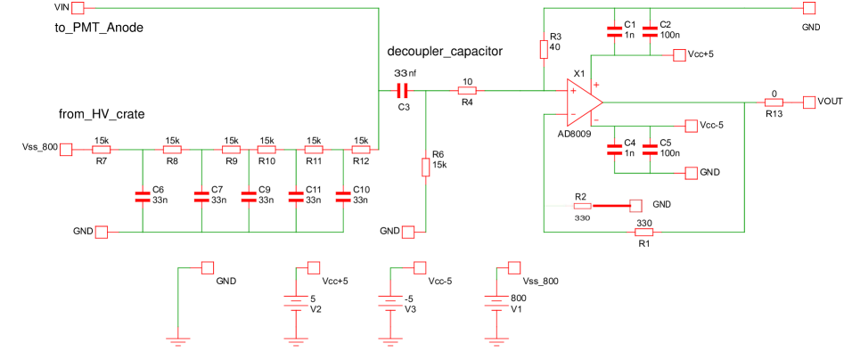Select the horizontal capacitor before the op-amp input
(x=402, y=91)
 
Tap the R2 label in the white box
(x=581, y=197)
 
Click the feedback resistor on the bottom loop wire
(x=643, y=232)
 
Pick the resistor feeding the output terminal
(x=773, y=102)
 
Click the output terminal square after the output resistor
(x=808, y=102)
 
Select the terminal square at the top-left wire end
(x=78, y=8)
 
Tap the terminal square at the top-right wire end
(x=808, y=8)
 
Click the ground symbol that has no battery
(x=178, y=340)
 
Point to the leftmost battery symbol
(x=296, y=303)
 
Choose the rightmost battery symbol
(x=496, y=303)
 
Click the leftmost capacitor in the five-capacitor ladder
(x=143, y=197)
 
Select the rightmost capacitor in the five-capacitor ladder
(x=343, y=197)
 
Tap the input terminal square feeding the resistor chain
(x=66, y=150)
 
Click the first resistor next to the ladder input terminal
(x=102, y=150)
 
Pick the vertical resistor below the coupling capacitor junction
(x=426, y=168)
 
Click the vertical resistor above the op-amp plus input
(x=544, y=50)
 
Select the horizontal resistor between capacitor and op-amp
(x=467, y=91)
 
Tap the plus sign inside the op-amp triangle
(x=573, y=91)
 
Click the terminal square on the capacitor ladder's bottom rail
(x=102, y=232)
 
